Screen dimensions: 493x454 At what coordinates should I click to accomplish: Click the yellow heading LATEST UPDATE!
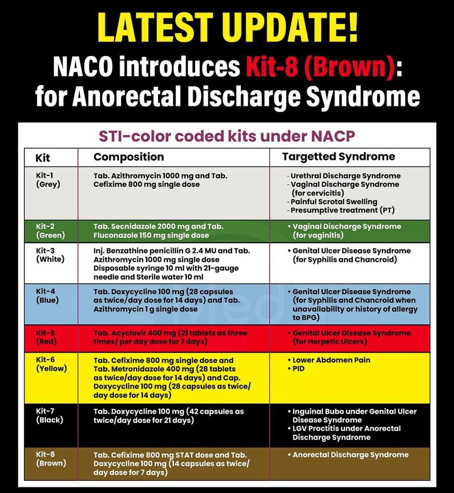point(227,27)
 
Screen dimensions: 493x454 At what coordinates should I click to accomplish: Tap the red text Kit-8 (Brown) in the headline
point(320,67)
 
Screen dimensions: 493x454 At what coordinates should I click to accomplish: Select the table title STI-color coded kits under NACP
point(227,136)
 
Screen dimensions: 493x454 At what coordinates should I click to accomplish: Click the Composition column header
point(129,157)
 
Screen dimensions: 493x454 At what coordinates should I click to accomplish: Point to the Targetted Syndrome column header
point(338,157)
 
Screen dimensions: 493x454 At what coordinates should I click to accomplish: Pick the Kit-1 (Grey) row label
point(48,180)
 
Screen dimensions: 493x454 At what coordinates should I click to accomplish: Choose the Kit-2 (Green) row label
point(50,231)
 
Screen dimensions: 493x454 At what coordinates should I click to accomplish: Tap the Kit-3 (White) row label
point(50,255)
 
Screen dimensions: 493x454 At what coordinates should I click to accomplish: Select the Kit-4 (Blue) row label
point(47,296)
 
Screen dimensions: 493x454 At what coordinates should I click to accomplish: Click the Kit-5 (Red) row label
point(46,337)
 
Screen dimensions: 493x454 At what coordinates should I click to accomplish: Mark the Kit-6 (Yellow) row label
point(51,364)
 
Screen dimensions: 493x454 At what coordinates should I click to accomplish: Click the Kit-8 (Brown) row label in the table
point(51,459)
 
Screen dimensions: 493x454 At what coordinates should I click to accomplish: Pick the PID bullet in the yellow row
point(298,369)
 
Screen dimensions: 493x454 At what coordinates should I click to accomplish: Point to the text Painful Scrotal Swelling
point(334,202)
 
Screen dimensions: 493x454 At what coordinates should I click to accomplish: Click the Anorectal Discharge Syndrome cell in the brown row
point(350,455)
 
